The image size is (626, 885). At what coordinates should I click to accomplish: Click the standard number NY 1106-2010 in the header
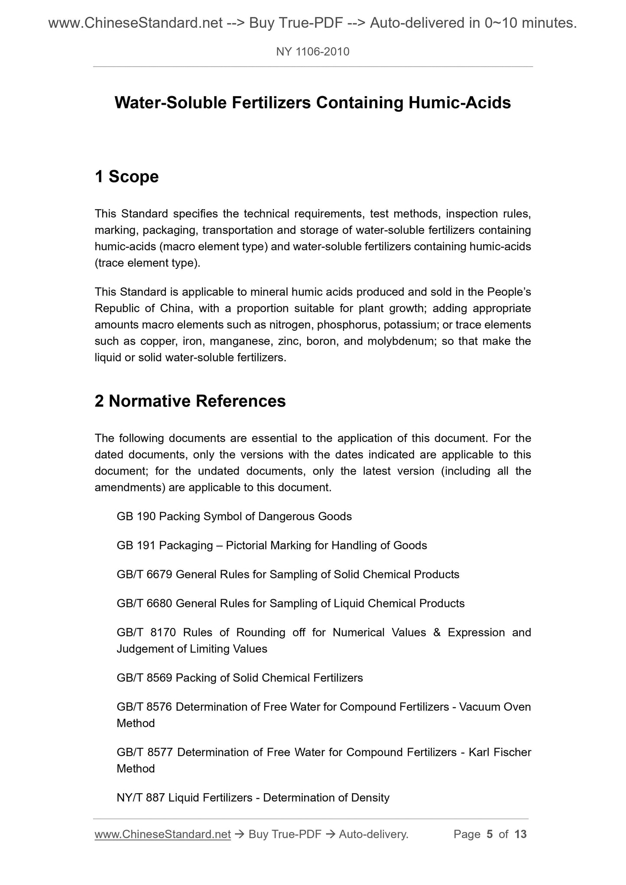[312, 52]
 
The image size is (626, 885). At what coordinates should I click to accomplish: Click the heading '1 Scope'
[126, 177]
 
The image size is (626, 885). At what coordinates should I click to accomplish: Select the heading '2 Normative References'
[190, 401]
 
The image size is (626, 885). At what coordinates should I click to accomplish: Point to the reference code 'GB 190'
[136, 517]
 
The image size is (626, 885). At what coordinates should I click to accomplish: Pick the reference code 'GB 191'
[136, 546]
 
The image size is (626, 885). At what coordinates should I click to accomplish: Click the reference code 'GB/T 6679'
[145, 575]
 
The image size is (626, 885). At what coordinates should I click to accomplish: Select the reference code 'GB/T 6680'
[145, 604]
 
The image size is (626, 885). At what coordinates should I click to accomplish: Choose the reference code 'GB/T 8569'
[145, 678]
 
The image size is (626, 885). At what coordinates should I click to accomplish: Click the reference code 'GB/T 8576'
[145, 707]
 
